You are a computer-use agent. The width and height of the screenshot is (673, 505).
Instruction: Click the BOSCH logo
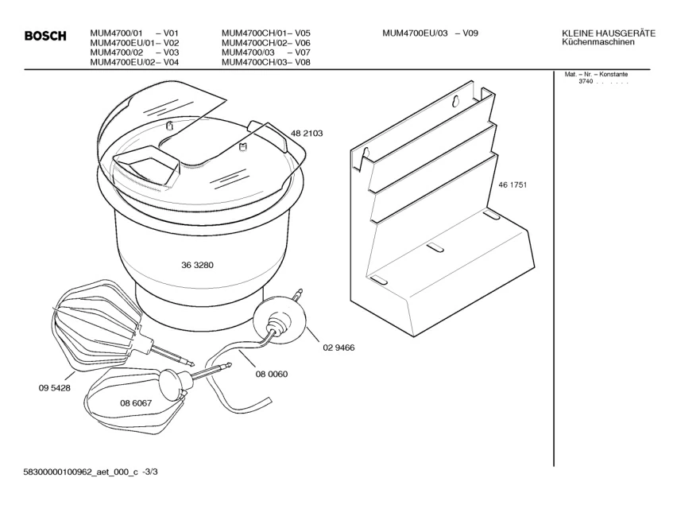(x=44, y=36)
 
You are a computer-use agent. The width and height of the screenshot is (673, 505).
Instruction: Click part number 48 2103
(x=306, y=134)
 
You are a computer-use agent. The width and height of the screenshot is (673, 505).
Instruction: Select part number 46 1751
(x=512, y=185)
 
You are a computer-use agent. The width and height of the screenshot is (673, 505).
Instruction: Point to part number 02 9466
(x=338, y=348)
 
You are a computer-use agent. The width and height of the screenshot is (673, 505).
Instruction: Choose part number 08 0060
(x=272, y=374)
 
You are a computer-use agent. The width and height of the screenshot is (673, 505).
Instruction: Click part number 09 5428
(x=53, y=387)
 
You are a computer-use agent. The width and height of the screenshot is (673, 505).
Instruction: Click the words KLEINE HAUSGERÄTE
(x=608, y=33)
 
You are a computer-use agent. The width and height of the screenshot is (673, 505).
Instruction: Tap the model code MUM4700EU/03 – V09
(x=430, y=33)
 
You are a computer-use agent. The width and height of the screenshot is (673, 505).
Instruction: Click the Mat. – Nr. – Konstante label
(x=596, y=75)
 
